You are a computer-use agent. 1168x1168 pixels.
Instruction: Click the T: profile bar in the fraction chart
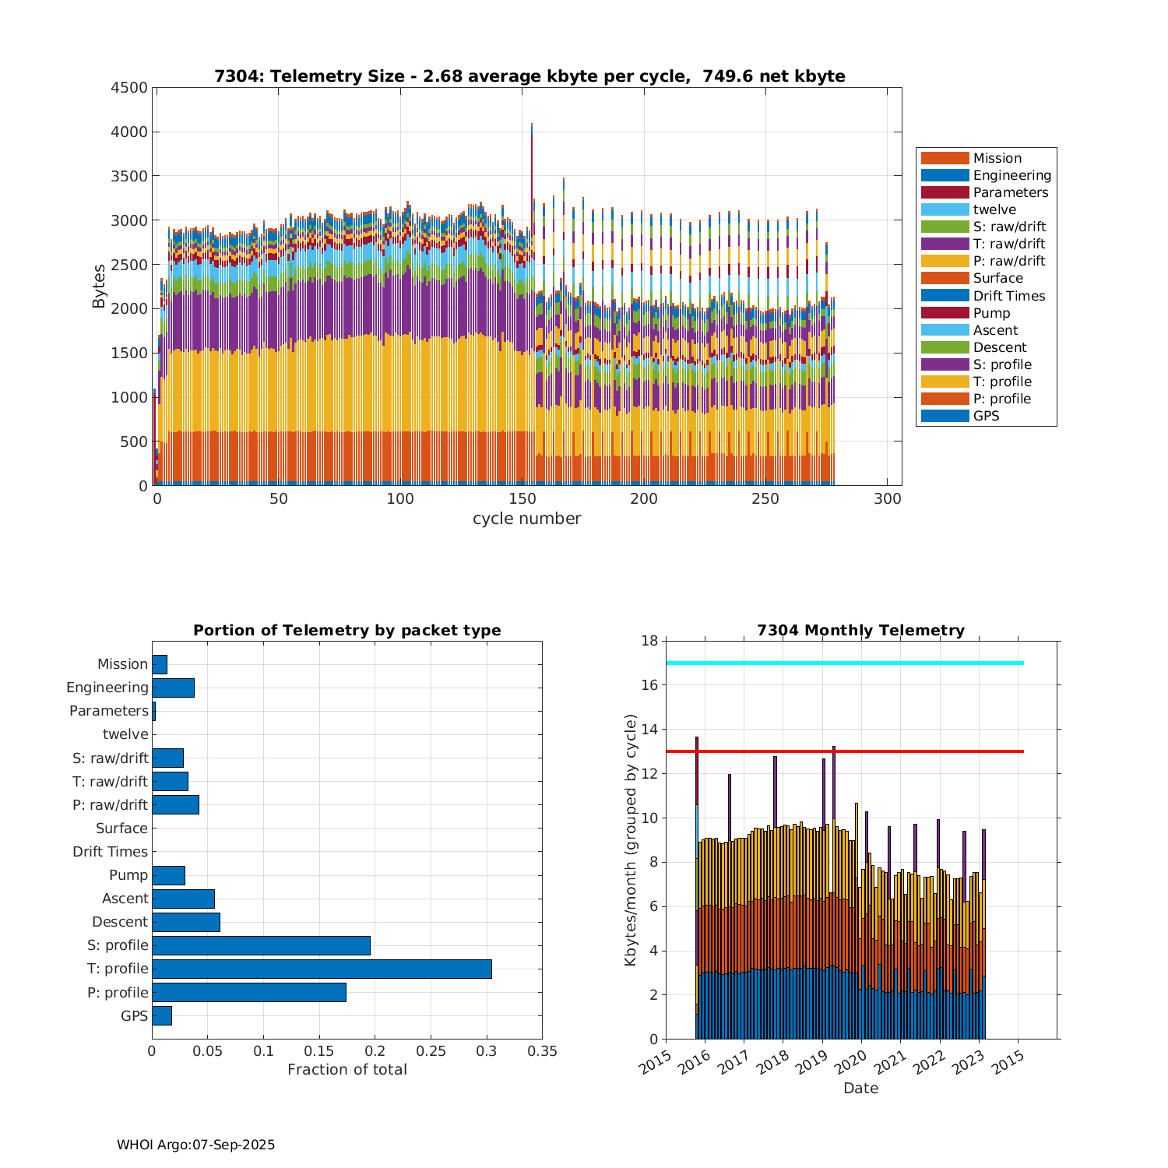click(x=322, y=969)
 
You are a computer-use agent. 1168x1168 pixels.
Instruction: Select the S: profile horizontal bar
click(x=261, y=945)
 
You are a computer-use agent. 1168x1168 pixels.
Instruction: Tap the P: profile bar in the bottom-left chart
click(x=249, y=992)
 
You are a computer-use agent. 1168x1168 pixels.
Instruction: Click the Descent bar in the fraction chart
click(x=186, y=922)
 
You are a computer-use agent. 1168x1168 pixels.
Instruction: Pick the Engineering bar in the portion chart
click(x=173, y=688)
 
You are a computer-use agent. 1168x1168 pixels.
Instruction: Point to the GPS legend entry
click(x=986, y=416)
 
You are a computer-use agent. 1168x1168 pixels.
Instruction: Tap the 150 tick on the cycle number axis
click(x=522, y=499)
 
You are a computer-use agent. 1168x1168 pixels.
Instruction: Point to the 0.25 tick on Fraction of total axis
click(x=431, y=1051)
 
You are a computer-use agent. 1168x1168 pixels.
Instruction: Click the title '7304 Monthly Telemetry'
click(x=860, y=630)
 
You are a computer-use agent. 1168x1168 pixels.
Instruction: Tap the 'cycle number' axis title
click(x=526, y=519)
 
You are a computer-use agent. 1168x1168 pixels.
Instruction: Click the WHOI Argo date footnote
click(x=195, y=1145)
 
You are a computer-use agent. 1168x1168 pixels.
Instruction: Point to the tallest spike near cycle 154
click(x=532, y=128)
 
